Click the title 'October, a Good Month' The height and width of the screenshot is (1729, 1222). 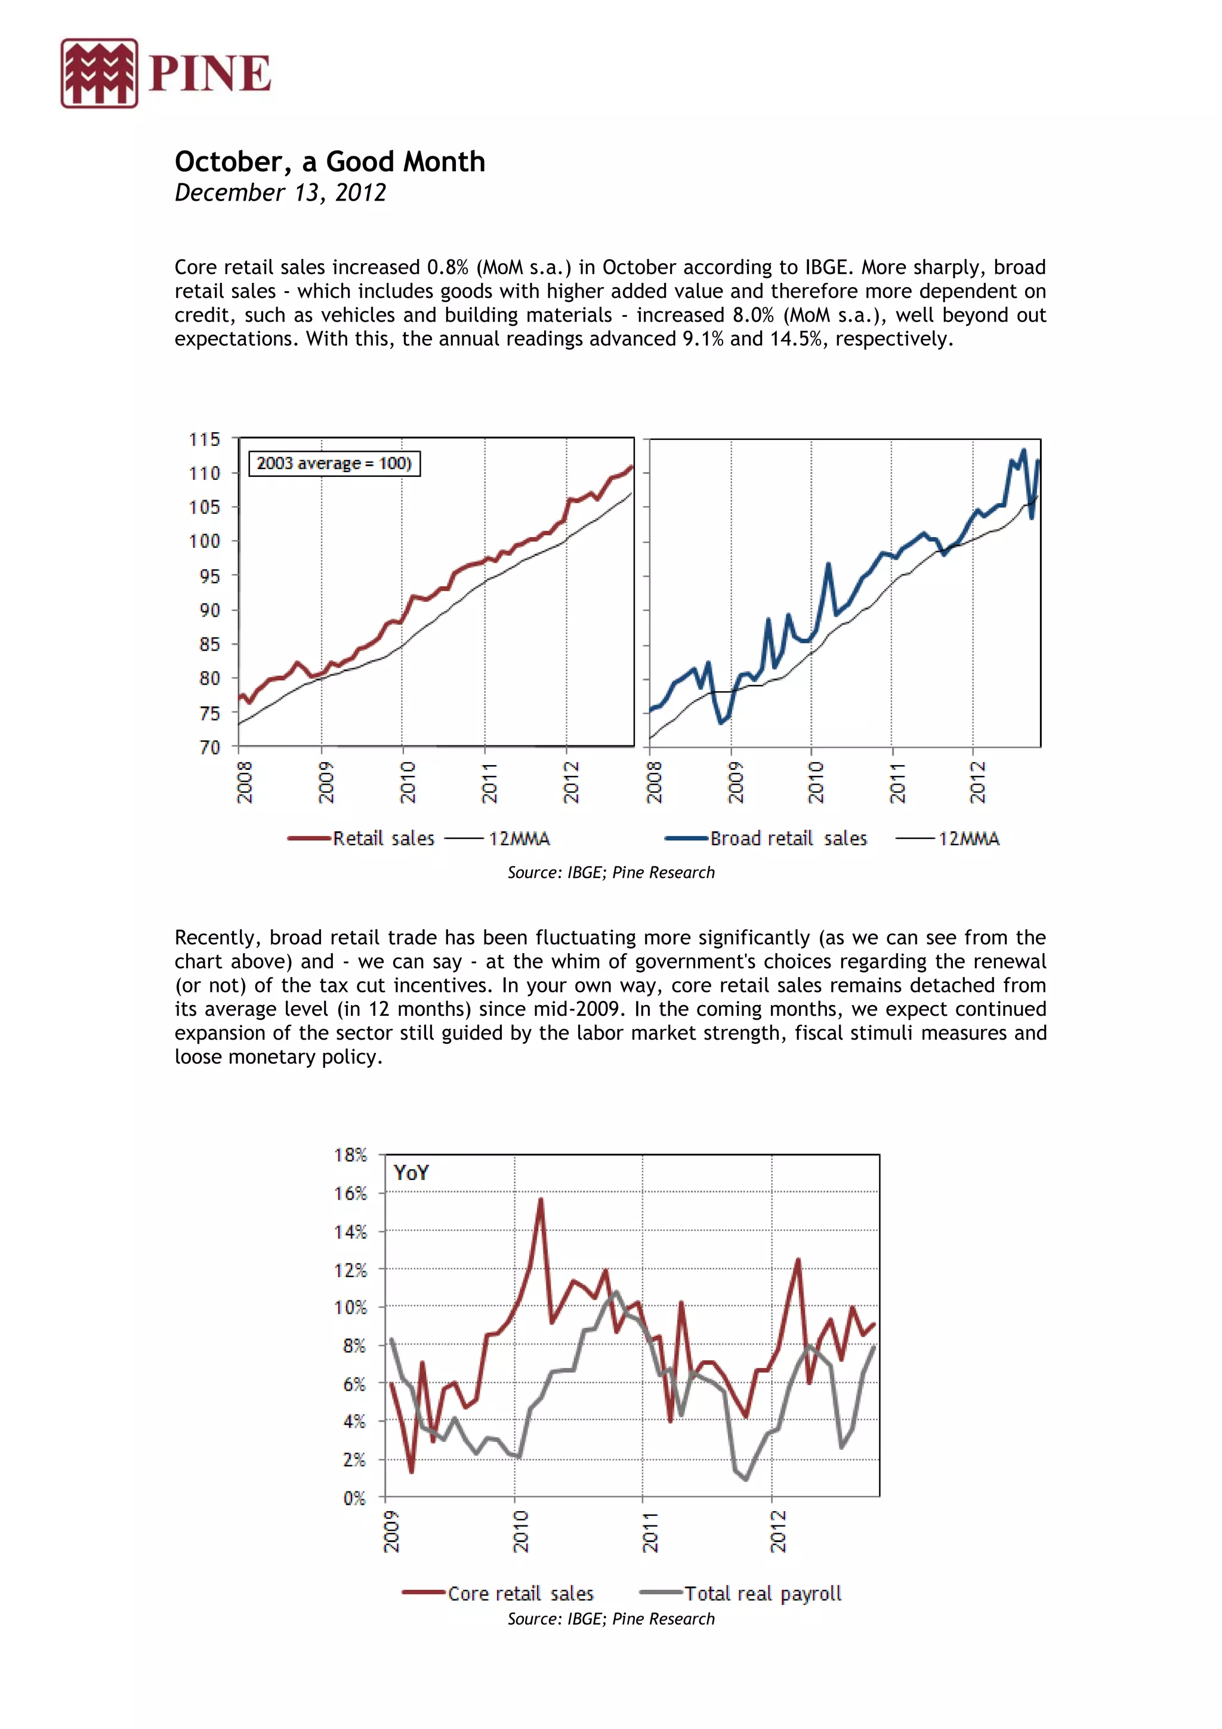click(x=330, y=162)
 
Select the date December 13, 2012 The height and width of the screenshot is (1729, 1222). click(x=280, y=193)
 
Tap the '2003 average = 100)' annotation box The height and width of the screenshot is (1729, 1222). click(x=334, y=463)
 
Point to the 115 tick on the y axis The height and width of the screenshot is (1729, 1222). click(x=204, y=439)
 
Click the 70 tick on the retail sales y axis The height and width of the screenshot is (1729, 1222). click(x=209, y=747)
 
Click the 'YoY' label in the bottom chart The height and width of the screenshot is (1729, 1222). click(x=411, y=1173)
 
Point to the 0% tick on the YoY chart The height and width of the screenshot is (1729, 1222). click(x=354, y=1498)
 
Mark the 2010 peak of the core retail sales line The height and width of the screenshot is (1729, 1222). click(x=541, y=1200)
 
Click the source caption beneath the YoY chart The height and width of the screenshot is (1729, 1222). click(x=610, y=1619)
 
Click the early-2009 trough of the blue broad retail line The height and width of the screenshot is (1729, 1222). click(x=721, y=723)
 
